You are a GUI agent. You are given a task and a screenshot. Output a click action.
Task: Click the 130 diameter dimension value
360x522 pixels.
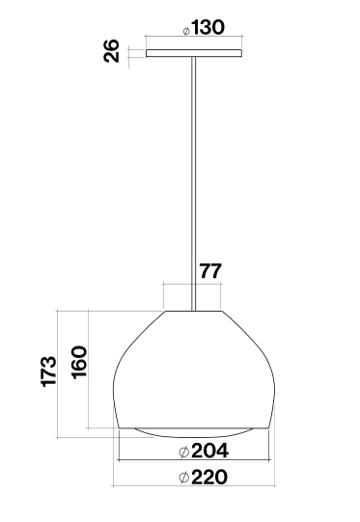pos(208,27)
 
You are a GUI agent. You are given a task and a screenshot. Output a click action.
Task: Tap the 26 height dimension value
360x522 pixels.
pos(111,50)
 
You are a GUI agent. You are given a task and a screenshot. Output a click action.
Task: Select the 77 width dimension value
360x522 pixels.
pos(210,271)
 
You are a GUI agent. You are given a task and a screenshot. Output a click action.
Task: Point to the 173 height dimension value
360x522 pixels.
pos(49,371)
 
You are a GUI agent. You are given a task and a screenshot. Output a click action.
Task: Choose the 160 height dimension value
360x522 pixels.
pos(79,362)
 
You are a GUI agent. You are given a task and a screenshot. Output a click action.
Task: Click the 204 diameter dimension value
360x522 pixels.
pos(209,451)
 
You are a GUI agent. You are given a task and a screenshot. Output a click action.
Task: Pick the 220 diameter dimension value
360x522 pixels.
pos(209,477)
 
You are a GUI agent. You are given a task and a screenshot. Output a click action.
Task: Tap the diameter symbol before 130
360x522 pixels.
pos(186,31)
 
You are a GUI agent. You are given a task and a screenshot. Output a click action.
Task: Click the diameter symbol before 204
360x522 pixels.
pos(184,453)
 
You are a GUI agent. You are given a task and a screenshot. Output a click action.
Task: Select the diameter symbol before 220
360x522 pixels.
pos(184,478)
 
